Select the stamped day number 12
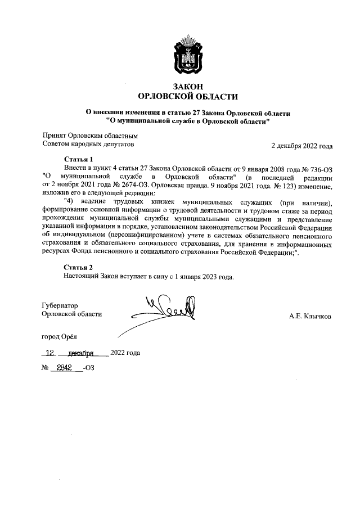(51, 354)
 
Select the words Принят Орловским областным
(91, 136)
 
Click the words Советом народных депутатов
(89, 145)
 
